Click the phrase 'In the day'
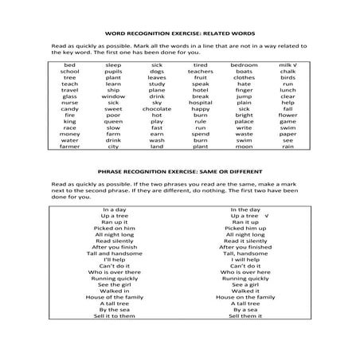pos(245,209)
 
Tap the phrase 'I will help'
pos(245,260)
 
